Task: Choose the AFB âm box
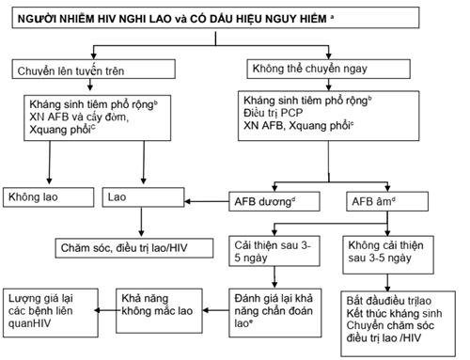tap(348, 199)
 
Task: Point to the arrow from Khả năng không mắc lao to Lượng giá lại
tap(104, 303)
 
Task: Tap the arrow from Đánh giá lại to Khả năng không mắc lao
tap(212, 303)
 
